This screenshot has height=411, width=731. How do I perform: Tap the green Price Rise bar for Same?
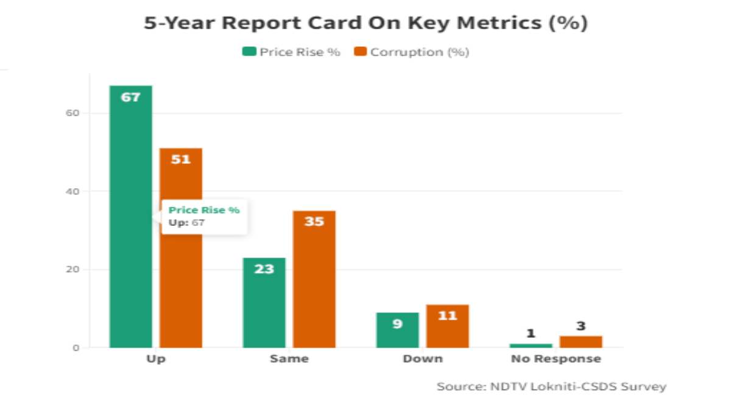[x=264, y=304]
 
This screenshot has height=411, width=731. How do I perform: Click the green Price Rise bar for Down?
[x=398, y=331]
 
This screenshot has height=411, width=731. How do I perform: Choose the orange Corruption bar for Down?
[x=447, y=327]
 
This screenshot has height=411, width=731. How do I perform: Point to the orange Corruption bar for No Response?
[x=581, y=342]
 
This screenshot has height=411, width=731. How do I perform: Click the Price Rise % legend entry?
[x=292, y=52]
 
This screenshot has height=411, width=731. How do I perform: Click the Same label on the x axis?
[x=289, y=359]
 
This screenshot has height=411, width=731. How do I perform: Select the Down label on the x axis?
[x=422, y=359]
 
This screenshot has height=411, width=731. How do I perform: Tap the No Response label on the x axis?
[x=556, y=359]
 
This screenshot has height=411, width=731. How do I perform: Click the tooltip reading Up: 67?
[x=204, y=217]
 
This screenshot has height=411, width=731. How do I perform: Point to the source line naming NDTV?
[x=551, y=387]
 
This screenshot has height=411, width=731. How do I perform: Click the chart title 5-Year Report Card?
[x=365, y=23]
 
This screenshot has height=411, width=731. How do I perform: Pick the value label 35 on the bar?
[x=314, y=221]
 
